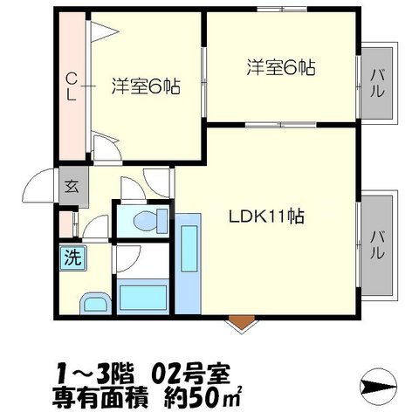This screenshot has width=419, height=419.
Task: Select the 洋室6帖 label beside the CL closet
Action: [x=145, y=86]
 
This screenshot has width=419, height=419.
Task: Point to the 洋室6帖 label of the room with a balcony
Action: [x=280, y=66]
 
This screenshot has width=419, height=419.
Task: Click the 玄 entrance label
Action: [x=70, y=185]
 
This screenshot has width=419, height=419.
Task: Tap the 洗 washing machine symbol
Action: [x=69, y=257]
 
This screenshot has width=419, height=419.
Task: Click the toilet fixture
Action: [x=144, y=219]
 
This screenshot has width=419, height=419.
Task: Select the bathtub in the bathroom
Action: [x=141, y=299]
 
